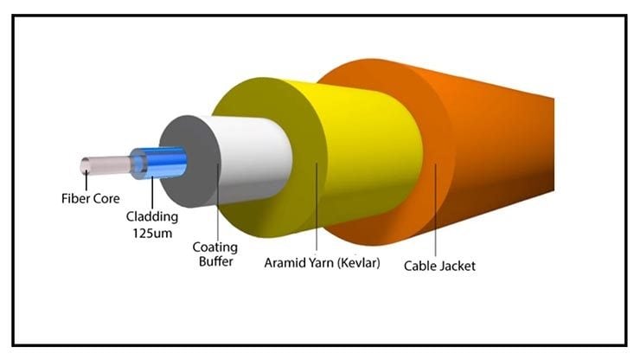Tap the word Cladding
tap(152, 216)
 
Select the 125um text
tap(152, 234)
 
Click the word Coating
tap(214, 247)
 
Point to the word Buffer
tap(216, 261)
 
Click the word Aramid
tap(282, 263)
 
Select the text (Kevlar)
tap(355, 263)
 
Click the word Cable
tap(419, 266)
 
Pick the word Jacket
tap(457, 266)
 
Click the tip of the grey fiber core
tap(86, 165)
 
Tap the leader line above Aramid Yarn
tap(317, 206)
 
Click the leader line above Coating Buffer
tap(218, 202)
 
